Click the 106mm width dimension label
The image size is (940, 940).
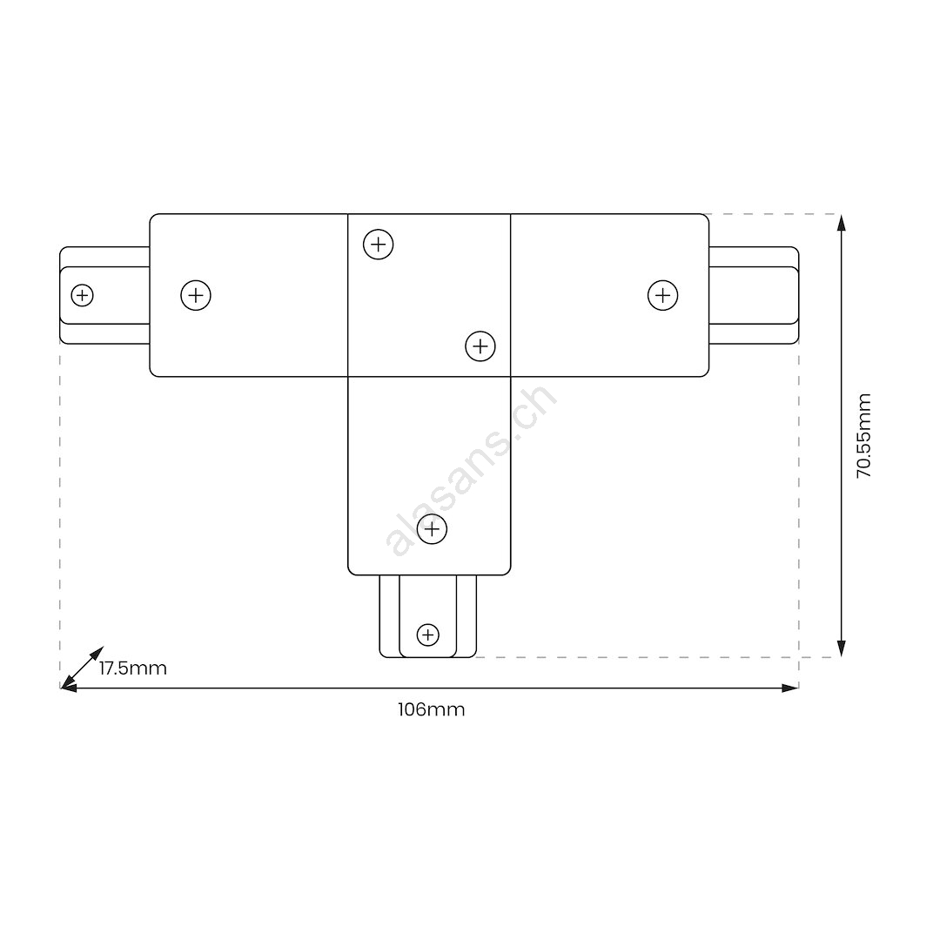click(431, 710)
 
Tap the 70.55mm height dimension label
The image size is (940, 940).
click(864, 436)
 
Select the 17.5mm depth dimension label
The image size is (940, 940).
click(133, 668)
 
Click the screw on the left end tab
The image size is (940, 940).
click(82, 296)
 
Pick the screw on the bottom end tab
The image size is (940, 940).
click(428, 634)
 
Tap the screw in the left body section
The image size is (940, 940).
click(196, 296)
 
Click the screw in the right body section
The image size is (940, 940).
click(663, 296)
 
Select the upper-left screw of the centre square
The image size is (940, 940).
click(379, 245)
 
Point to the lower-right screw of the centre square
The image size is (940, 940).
click(480, 346)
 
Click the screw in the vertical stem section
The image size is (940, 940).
click(433, 529)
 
